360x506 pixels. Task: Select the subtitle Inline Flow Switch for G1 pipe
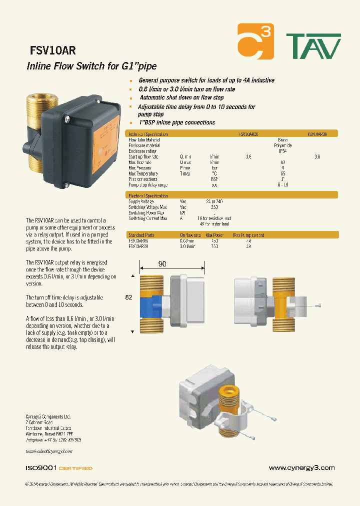tap(91, 66)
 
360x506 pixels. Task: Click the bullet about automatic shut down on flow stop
tap(181, 98)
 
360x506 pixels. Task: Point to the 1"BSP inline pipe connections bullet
tap(176, 122)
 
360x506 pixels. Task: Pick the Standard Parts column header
tap(142, 234)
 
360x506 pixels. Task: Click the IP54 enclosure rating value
tap(282, 151)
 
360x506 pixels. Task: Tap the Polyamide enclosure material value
tap(282, 145)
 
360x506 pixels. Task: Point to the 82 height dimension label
tap(128, 296)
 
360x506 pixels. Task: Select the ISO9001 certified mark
tap(59, 468)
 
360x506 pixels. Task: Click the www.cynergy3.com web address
tap(301, 468)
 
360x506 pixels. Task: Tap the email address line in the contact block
tap(49, 451)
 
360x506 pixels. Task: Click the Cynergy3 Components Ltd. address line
tap(48, 416)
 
